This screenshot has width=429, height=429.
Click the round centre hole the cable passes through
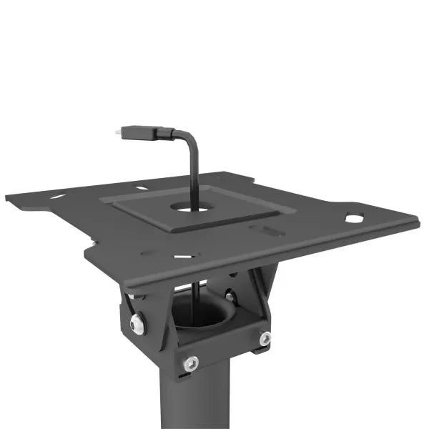tap(193, 209)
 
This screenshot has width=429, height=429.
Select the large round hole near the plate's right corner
tap(355, 218)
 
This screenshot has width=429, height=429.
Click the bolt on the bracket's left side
tap(137, 325)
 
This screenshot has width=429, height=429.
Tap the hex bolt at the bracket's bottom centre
tap(191, 363)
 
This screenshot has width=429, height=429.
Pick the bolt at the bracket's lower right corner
tap(265, 338)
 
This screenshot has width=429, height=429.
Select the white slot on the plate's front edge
tap(184, 255)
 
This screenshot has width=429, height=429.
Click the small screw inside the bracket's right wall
tap(229, 296)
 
